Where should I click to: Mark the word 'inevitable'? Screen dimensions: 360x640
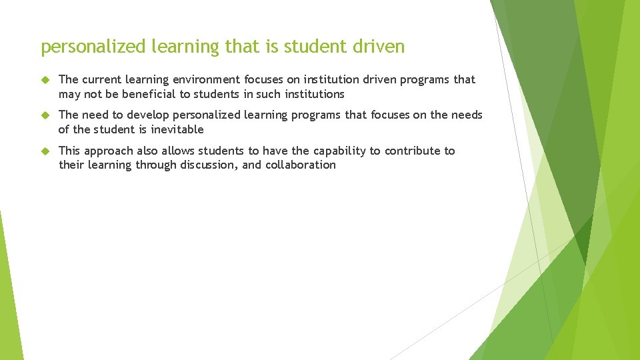(177, 129)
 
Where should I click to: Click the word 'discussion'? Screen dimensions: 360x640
(209, 165)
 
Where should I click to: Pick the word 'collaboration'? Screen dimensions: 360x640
(301, 165)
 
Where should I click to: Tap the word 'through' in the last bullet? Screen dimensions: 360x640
(156, 165)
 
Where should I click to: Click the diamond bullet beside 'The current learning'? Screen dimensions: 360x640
(45, 80)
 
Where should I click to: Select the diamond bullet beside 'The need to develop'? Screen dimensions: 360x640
(45, 115)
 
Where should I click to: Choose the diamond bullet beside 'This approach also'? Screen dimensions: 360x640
(45, 151)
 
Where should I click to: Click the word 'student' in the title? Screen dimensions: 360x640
(311, 47)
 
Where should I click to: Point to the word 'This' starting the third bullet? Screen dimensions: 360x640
(69, 151)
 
